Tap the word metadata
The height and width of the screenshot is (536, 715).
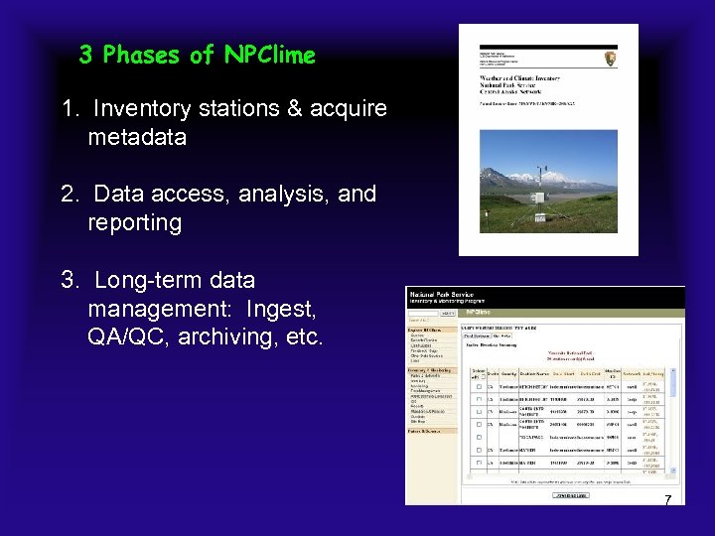click(137, 137)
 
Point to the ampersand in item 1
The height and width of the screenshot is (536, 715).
click(294, 108)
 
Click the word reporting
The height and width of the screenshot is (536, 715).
click(135, 222)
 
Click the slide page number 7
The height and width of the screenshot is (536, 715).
click(668, 500)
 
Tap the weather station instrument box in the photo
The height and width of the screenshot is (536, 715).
click(538, 198)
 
